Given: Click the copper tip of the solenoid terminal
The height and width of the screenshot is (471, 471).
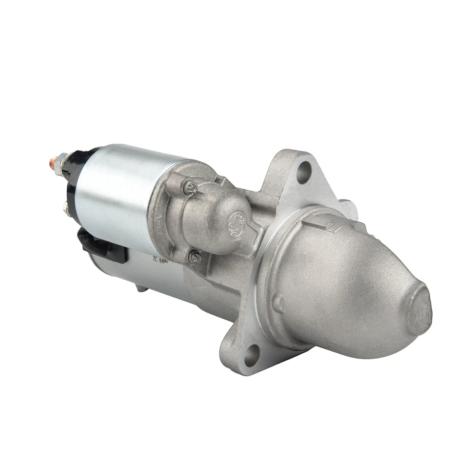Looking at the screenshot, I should tap(52, 161).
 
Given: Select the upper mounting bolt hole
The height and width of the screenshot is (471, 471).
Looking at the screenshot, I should tap(304, 172).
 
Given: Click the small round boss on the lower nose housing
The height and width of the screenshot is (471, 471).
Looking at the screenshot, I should tap(278, 305).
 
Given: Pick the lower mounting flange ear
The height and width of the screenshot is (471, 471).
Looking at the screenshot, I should tap(245, 351).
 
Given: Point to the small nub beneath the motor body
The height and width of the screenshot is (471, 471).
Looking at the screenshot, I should tap(141, 289).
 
